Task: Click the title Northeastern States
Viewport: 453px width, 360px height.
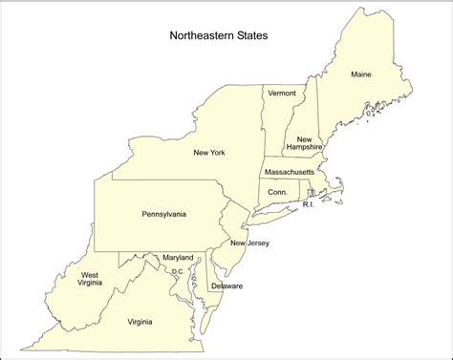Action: pos(219,36)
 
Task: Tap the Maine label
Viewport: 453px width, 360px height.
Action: pos(361,74)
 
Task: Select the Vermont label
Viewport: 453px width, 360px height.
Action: pos(282,93)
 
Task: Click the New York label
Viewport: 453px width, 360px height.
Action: pos(209,153)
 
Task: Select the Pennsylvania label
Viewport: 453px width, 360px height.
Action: pos(164,214)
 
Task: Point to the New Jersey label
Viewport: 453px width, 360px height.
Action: pos(249,243)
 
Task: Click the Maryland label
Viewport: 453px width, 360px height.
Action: pos(177,258)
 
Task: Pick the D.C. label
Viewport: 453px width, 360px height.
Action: pos(178,271)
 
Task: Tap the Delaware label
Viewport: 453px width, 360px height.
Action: pos(227,286)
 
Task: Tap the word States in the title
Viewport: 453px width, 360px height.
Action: pos(252,36)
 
